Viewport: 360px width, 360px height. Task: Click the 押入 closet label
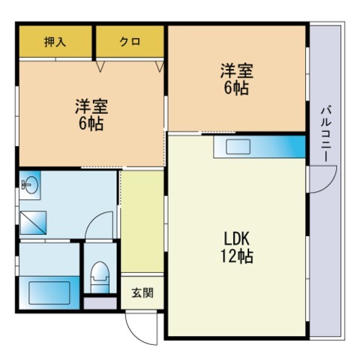coord(55,42)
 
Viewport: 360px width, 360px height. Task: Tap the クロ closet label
coord(129,42)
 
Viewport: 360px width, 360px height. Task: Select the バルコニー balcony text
coord(326,132)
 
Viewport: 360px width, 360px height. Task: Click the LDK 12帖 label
coord(237,247)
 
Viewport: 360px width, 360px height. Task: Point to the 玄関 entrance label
coord(142,292)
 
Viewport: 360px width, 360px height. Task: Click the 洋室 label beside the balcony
coord(237,79)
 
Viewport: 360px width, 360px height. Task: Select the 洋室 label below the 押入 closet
coord(89,113)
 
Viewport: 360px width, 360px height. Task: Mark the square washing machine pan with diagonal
coord(34,222)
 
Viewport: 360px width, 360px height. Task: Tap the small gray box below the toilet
coord(98,303)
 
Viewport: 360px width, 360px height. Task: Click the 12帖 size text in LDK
coord(237,257)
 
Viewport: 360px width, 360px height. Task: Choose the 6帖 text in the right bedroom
coord(237,88)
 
